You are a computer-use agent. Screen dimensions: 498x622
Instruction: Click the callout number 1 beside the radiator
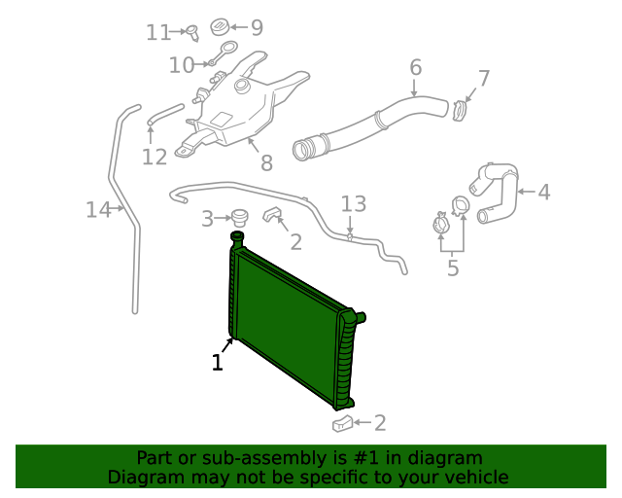tap(218, 363)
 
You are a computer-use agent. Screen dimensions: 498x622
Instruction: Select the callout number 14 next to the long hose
tap(98, 209)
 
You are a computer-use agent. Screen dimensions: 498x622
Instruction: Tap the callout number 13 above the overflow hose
tap(354, 203)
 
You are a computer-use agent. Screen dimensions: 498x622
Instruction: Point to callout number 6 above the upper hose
tap(416, 68)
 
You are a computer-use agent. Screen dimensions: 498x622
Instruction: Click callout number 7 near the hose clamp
tap(484, 78)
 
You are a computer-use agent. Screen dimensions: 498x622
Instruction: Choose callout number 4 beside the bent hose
tap(543, 193)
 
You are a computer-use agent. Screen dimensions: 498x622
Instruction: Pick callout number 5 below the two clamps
tap(453, 267)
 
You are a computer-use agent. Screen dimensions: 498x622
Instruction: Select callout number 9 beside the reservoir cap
tap(257, 27)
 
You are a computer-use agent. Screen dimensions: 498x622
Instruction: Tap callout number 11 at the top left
tap(158, 33)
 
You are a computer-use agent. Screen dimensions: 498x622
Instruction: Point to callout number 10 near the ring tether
tap(182, 65)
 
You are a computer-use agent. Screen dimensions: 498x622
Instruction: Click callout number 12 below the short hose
tap(155, 156)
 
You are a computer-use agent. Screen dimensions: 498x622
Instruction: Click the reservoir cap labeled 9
tap(221, 26)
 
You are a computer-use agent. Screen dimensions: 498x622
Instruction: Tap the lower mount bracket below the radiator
tap(342, 423)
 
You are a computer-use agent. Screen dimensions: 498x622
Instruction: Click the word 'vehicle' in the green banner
tap(475, 478)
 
